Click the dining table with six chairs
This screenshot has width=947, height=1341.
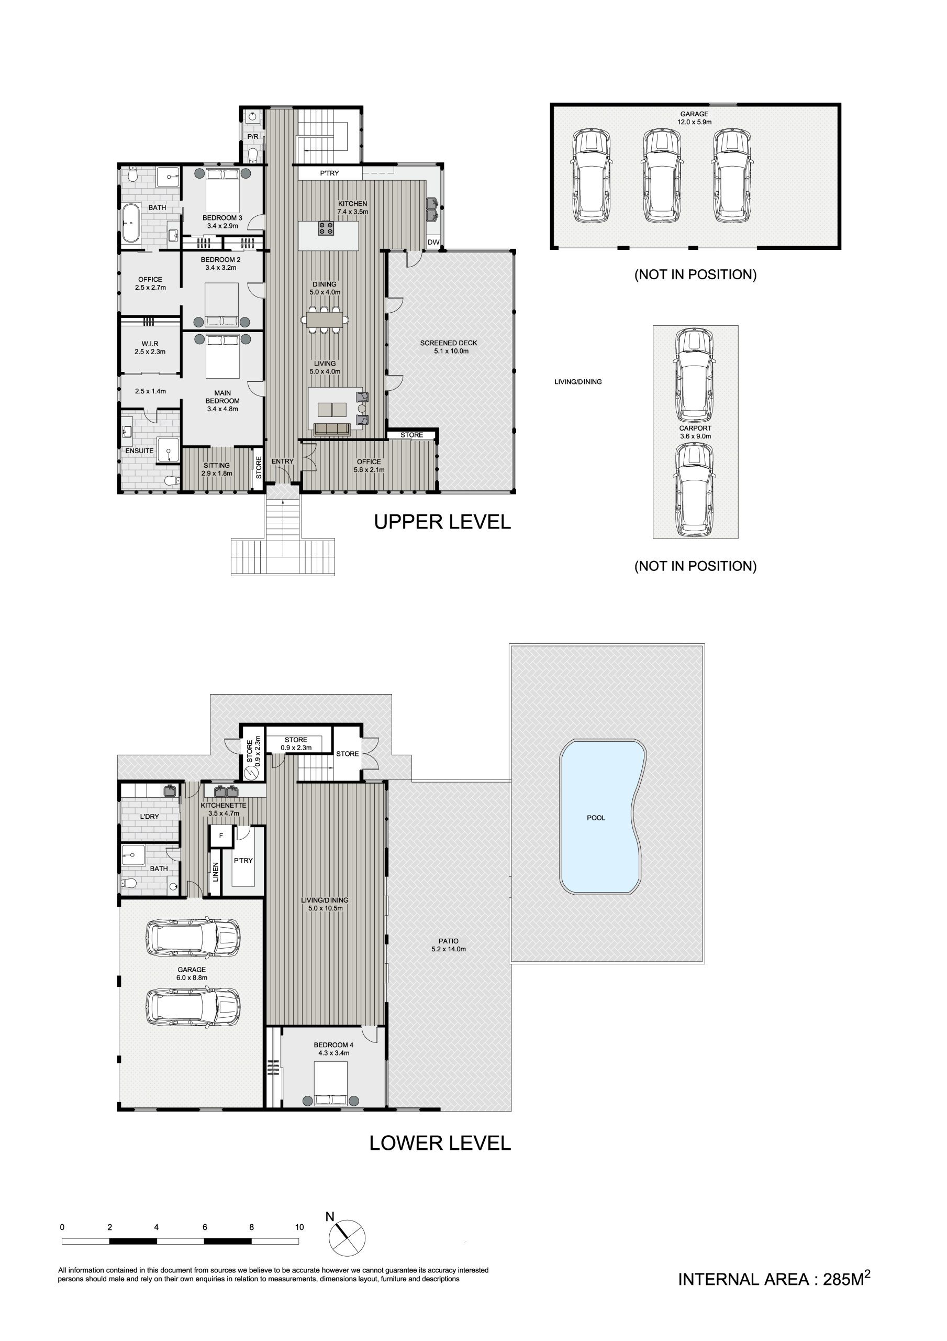pyautogui.click(x=325, y=320)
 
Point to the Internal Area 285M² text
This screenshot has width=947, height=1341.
pyautogui.click(x=774, y=1279)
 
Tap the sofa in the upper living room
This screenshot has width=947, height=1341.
pyautogui.click(x=331, y=430)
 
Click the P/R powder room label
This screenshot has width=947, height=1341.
pyautogui.click(x=253, y=137)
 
